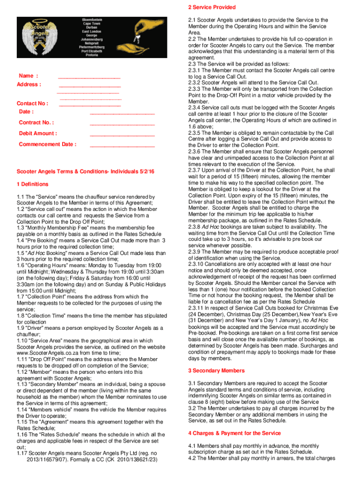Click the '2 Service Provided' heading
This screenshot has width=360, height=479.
211,7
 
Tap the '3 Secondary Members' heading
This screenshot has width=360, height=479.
216,370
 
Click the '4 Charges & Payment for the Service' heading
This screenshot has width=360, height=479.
234,433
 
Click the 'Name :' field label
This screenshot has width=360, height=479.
28,76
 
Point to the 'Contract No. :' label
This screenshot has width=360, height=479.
36,123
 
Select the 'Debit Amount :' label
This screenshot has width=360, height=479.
38,133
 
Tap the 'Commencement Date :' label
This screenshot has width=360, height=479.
47,144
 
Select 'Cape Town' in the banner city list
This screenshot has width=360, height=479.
90,24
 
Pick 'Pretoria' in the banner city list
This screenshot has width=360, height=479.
90,55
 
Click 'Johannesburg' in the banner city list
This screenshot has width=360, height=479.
90,40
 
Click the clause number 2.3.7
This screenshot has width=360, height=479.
196,171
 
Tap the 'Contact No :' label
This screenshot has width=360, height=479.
32,104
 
